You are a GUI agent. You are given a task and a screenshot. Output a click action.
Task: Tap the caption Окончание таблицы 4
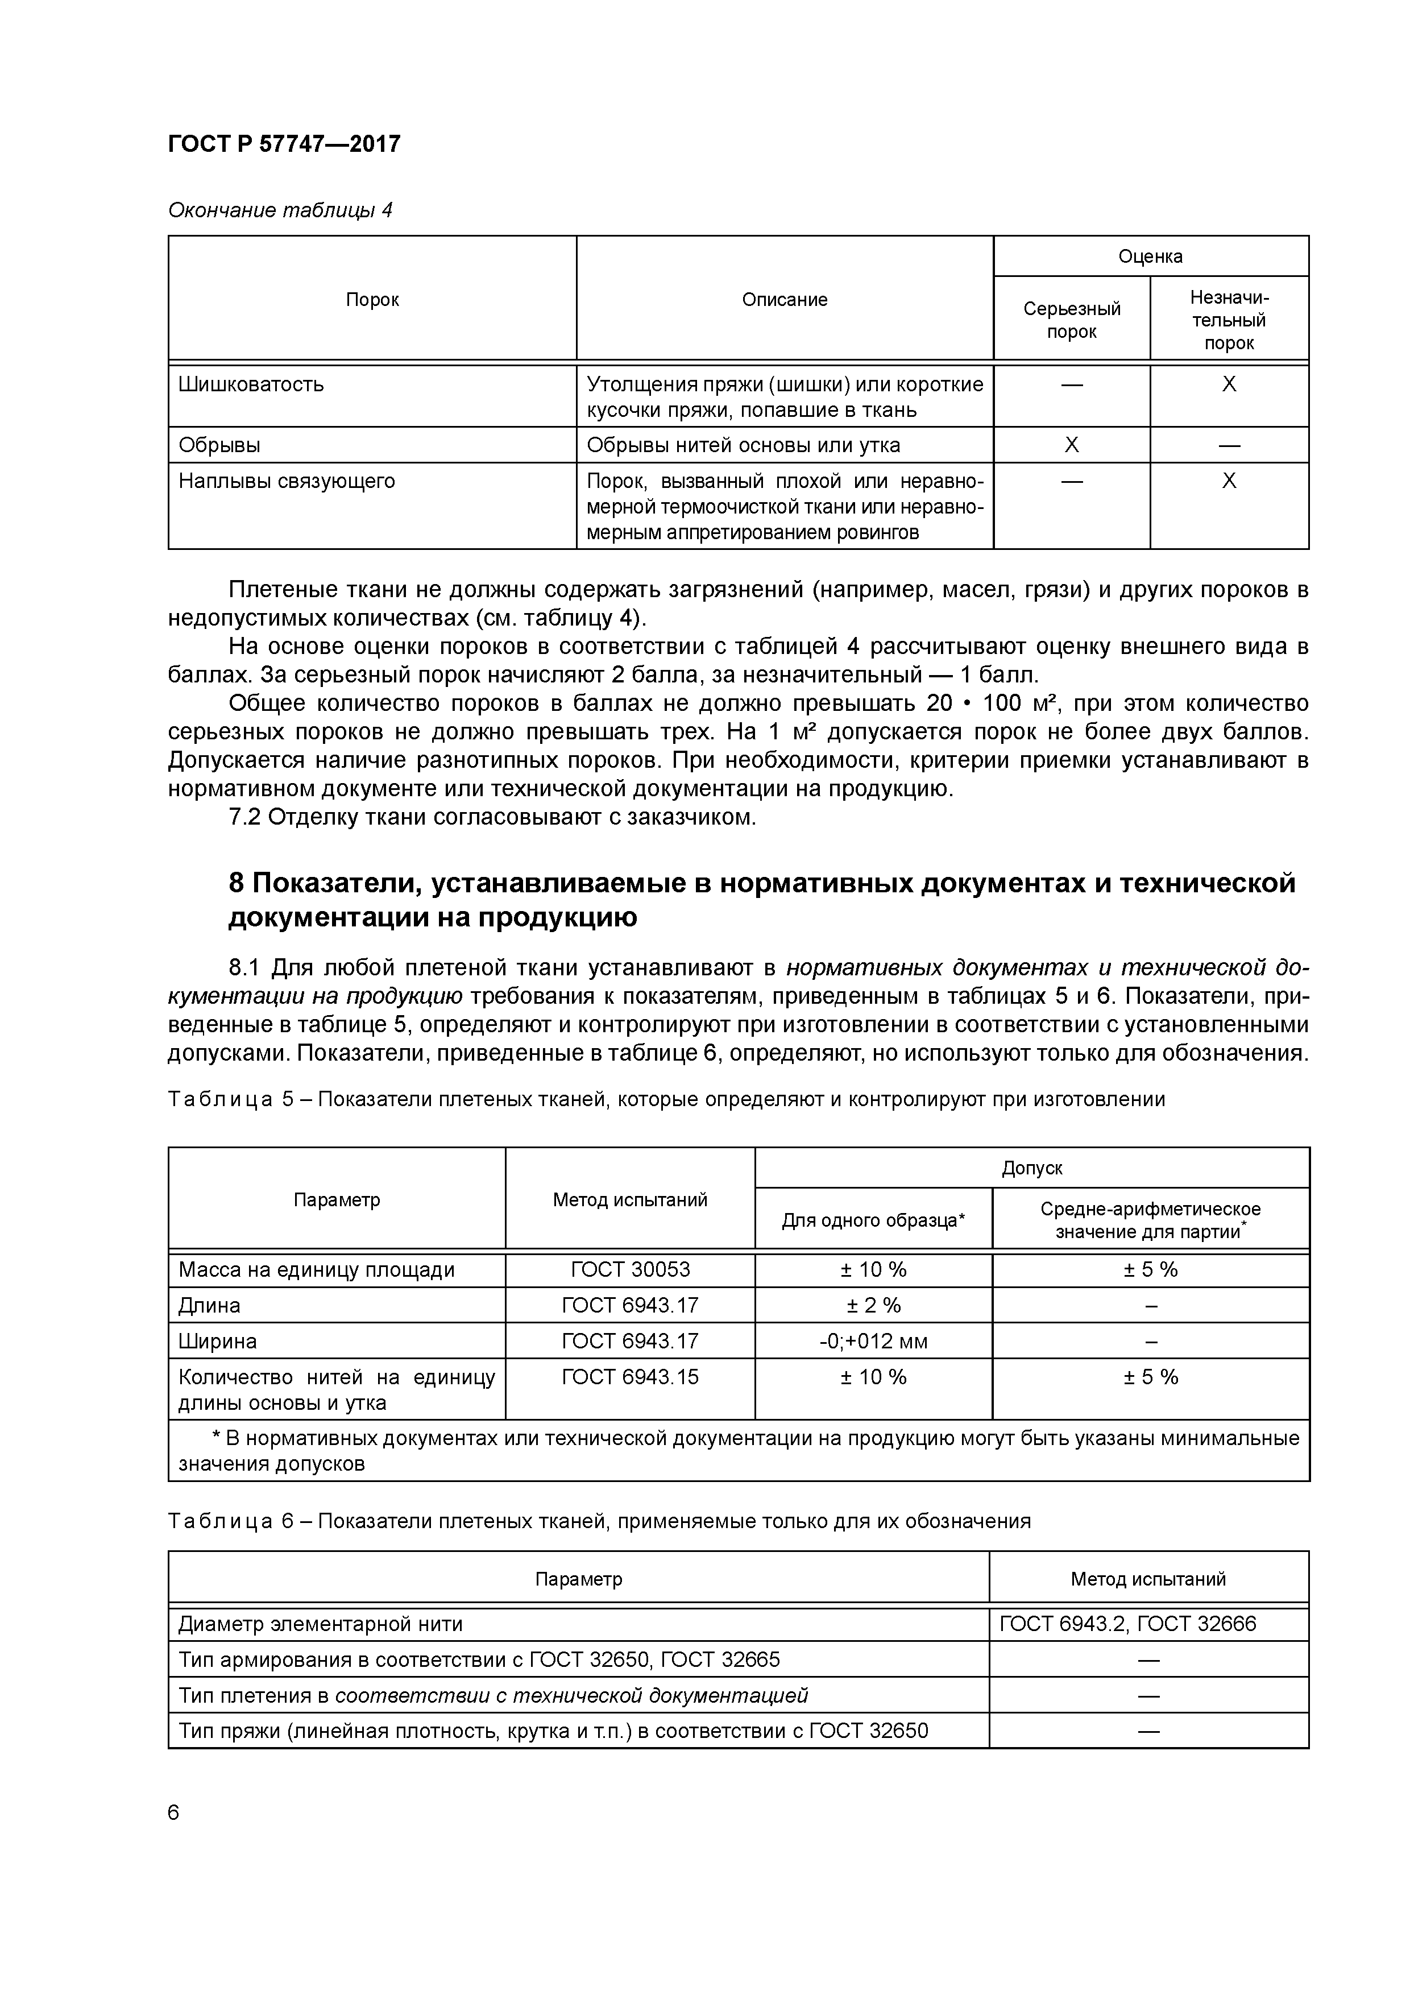click(x=280, y=210)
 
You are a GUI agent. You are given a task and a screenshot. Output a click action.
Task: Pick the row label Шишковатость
click(x=251, y=384)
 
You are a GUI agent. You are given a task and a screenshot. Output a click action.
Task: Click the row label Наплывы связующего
click(x=287, y=481)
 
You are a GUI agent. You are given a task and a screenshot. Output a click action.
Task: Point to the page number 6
click(x=174, y=1812)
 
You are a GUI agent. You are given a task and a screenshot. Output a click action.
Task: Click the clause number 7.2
click(x=245, y=818)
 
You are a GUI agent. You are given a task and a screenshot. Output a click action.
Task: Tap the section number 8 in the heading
click(x=237, y=883)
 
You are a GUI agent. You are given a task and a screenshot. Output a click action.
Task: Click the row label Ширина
click(x=218, y=1341)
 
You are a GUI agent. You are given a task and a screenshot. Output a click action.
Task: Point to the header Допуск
click(x=1031, y=1168)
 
